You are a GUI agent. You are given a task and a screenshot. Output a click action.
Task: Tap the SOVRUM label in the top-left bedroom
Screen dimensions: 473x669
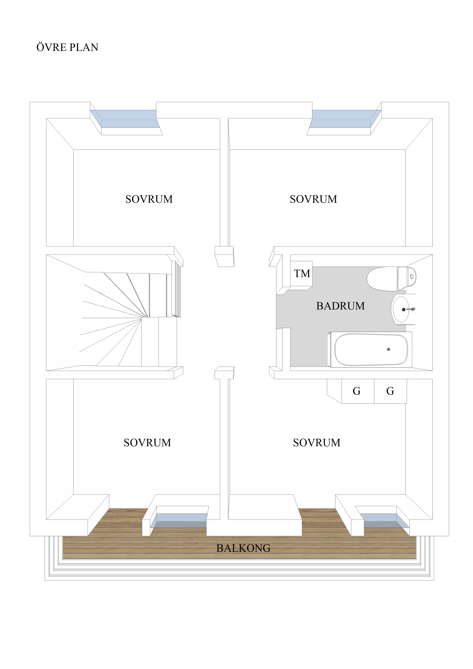(x=149, y=199)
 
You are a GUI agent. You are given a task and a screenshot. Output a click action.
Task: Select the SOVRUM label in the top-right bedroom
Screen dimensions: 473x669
(x=313, y=199)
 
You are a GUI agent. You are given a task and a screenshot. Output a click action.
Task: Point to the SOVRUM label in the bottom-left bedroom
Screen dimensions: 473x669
(x=147, y=443)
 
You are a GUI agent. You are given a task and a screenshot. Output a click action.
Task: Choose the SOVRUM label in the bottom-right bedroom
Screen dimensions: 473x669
(x=316, y=443)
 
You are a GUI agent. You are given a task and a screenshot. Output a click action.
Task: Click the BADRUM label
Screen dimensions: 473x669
(x=340, y=306)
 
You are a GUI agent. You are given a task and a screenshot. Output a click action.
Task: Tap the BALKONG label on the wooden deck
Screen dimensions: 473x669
(x=243, y=548)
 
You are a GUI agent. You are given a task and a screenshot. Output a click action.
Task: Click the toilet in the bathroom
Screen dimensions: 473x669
(x=391, y=279)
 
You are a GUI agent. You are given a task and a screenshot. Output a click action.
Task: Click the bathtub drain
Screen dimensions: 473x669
(x=389, y=349)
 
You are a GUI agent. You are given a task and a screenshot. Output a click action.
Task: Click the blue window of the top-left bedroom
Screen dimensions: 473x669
(x=125, y=119)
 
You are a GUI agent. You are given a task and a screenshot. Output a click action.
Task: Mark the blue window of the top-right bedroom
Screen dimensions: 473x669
(x=345, y=119)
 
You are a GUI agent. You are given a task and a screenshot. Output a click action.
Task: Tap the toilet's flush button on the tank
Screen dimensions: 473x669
(x=412, y=276)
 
